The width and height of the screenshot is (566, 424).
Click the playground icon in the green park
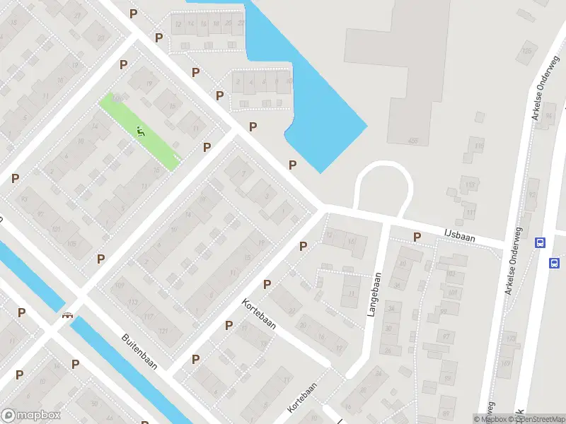click(141, 131)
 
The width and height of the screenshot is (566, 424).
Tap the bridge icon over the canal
click(68, 315)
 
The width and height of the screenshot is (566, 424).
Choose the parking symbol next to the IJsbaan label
click(417, 237)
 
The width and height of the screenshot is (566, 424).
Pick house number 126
click(526, 51)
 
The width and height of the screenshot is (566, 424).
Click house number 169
click(504, 363)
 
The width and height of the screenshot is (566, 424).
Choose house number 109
click(119, 285)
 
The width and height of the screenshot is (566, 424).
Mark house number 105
click(71, 244)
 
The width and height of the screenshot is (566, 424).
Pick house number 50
click(95, 404)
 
